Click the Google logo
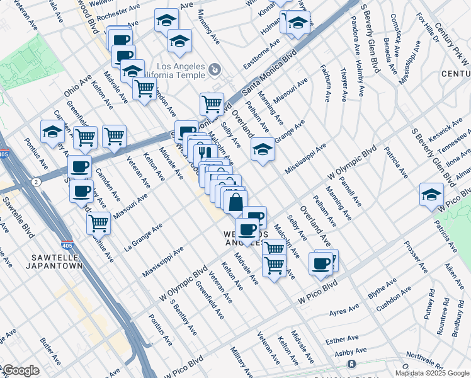pyautogui.click(x=20, y=370)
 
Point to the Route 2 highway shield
pyautogui.click(x=37, y=181)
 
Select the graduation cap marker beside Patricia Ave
pyautogui.click(x=431, y=194)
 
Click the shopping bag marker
pyautogui.click(x=235, y=203)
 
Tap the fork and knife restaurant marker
pyautogui.click(x=202, y=152)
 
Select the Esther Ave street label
pyautogui.click(x=343, y=341)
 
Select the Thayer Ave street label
pyautogui.click(x=344, y=84)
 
